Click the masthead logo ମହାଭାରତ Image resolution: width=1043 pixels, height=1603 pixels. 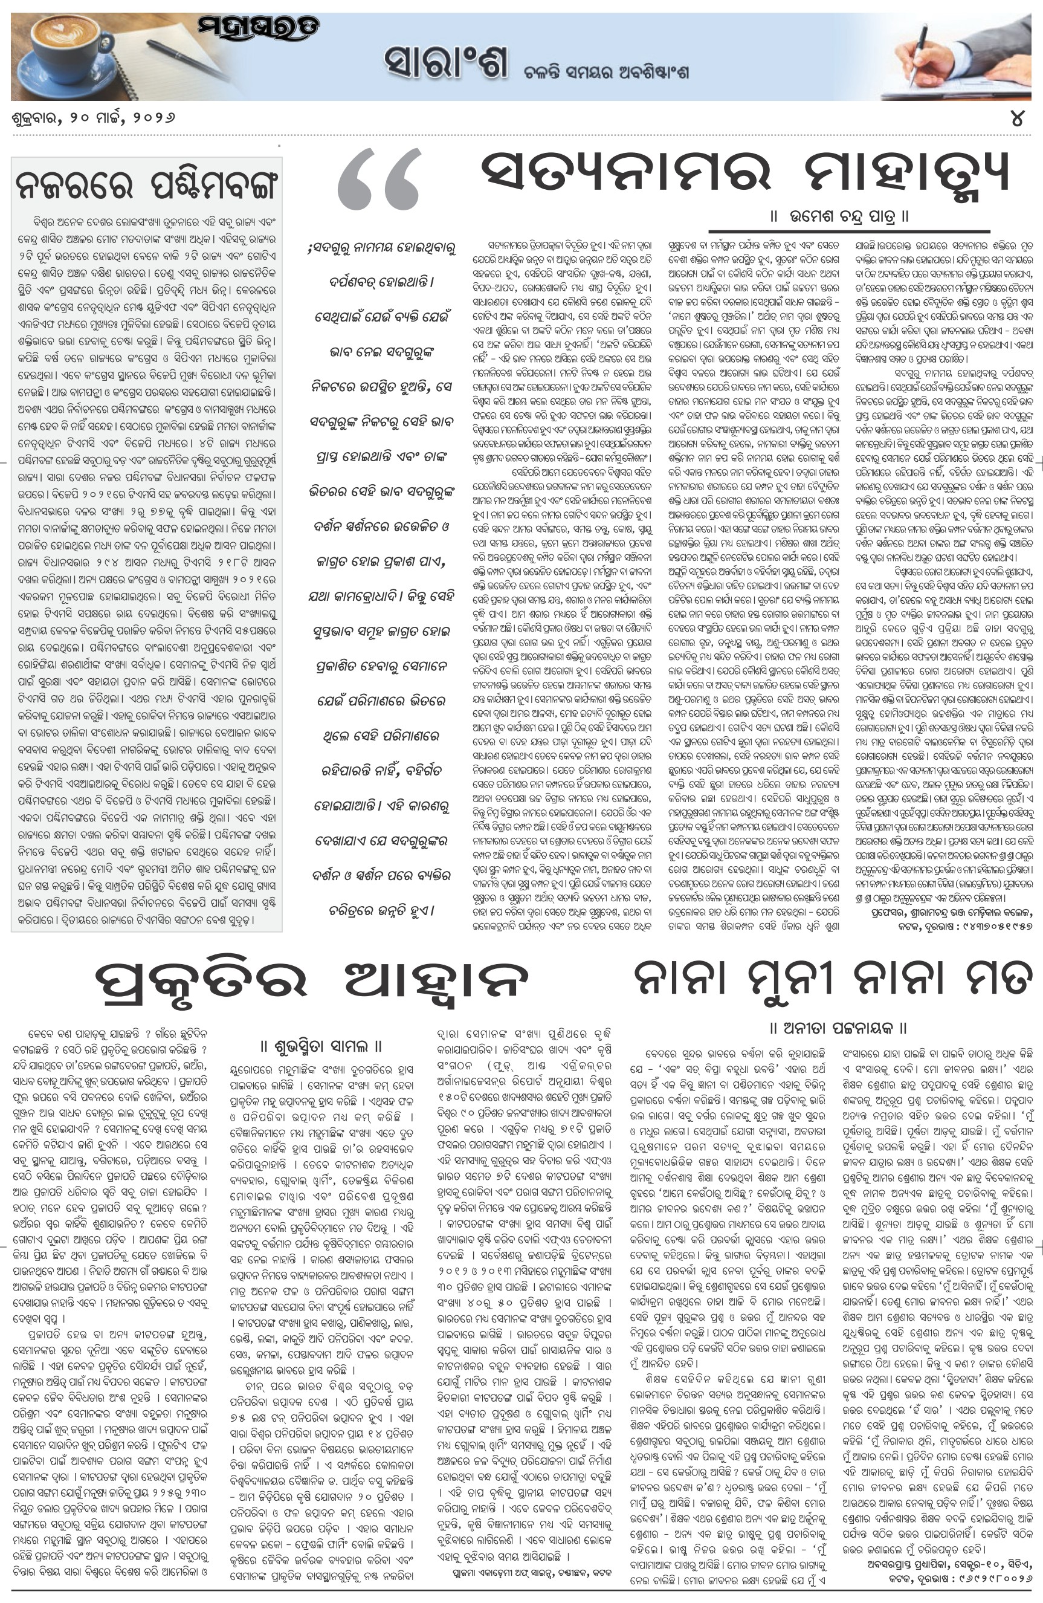[x=258, y=28]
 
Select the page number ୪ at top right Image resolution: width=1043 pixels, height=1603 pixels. [x=1018, y=118]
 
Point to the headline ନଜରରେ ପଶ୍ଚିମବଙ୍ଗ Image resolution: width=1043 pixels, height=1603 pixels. [x=146, y=183]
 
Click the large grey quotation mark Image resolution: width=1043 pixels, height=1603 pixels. [x=378, y=180]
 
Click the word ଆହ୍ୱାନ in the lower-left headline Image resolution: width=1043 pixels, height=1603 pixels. [x=435, y=980]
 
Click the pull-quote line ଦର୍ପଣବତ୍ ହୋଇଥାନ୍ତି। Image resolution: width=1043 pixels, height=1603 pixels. [x=381, y=282]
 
